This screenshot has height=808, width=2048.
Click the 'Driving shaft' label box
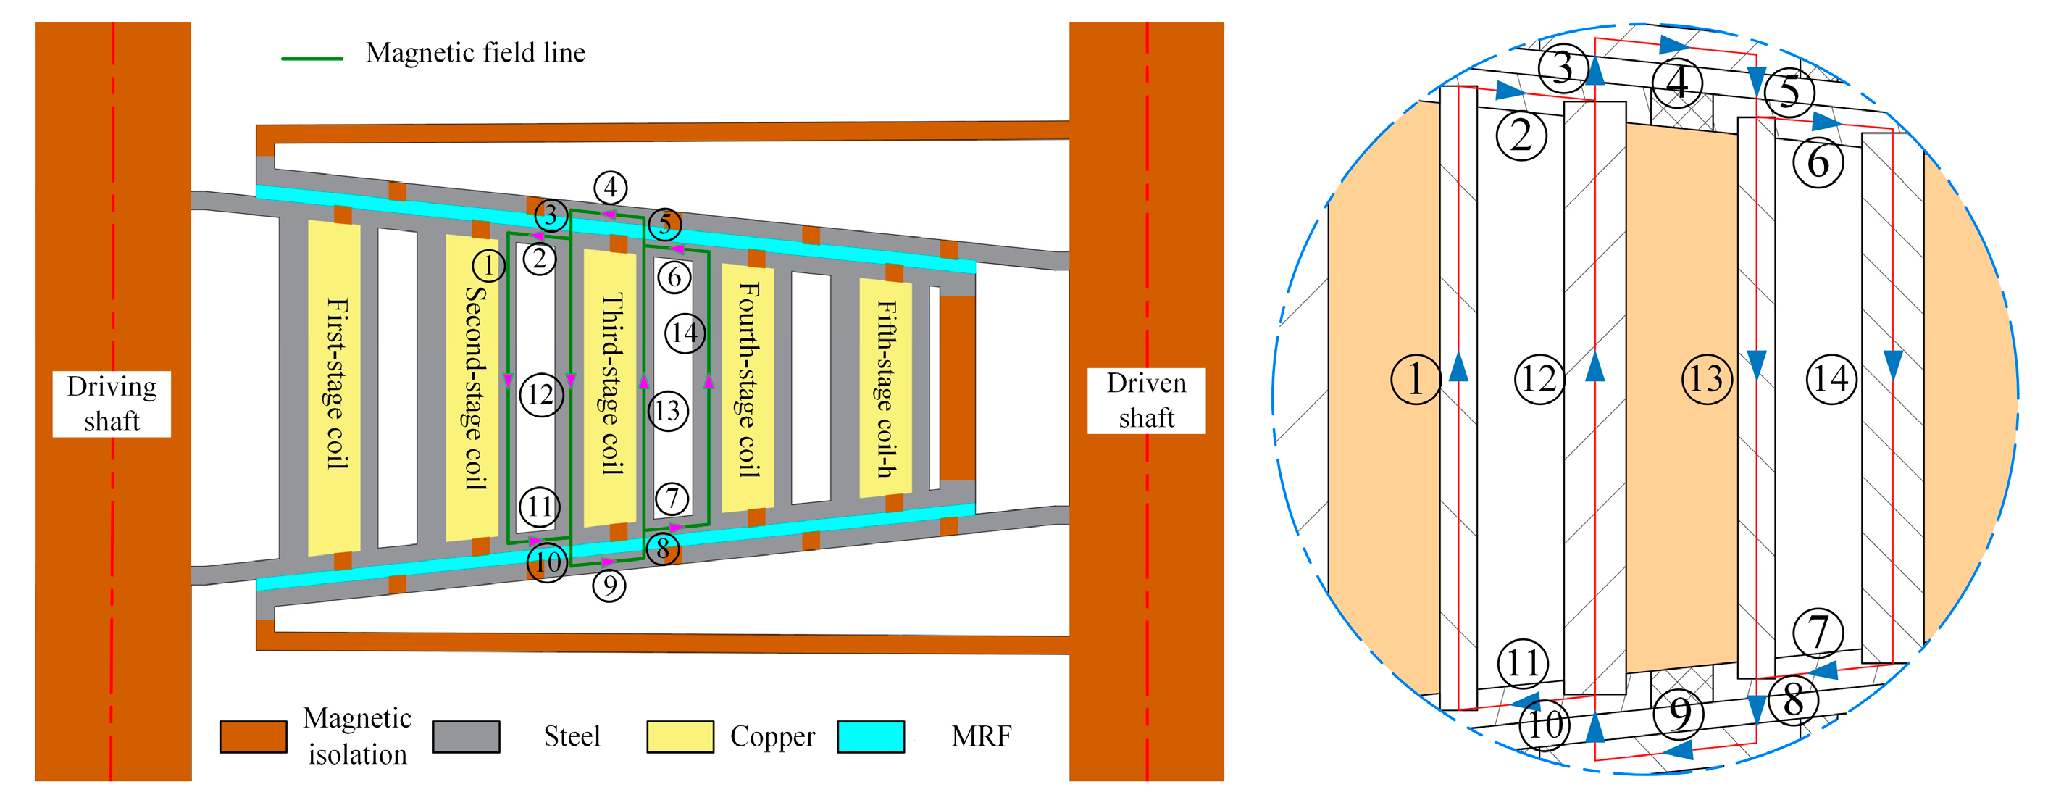tap(112, 404)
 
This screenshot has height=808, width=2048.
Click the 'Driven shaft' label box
tap(1145, 401)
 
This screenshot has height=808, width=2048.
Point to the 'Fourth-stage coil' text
tap(748, 380)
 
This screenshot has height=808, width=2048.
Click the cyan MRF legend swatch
tap(871, 736)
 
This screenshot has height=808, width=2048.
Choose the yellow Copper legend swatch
tap(680, 736)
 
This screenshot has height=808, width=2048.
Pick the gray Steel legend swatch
tap(466, 736)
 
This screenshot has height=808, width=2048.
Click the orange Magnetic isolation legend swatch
tap(253, 736)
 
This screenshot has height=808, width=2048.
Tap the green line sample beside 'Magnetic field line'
tap(312, 59)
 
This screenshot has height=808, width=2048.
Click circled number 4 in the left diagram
tap(610, 188)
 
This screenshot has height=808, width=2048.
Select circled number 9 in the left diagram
tap(609, 586)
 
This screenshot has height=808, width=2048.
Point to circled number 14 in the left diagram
tap(685, 333)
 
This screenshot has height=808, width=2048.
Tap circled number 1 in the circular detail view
tap(1415, 378)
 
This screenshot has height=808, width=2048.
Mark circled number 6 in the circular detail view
tap(1818, 163)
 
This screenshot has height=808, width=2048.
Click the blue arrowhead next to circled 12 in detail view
tap(1594, 367)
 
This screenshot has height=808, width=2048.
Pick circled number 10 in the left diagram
tap(547, 563)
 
